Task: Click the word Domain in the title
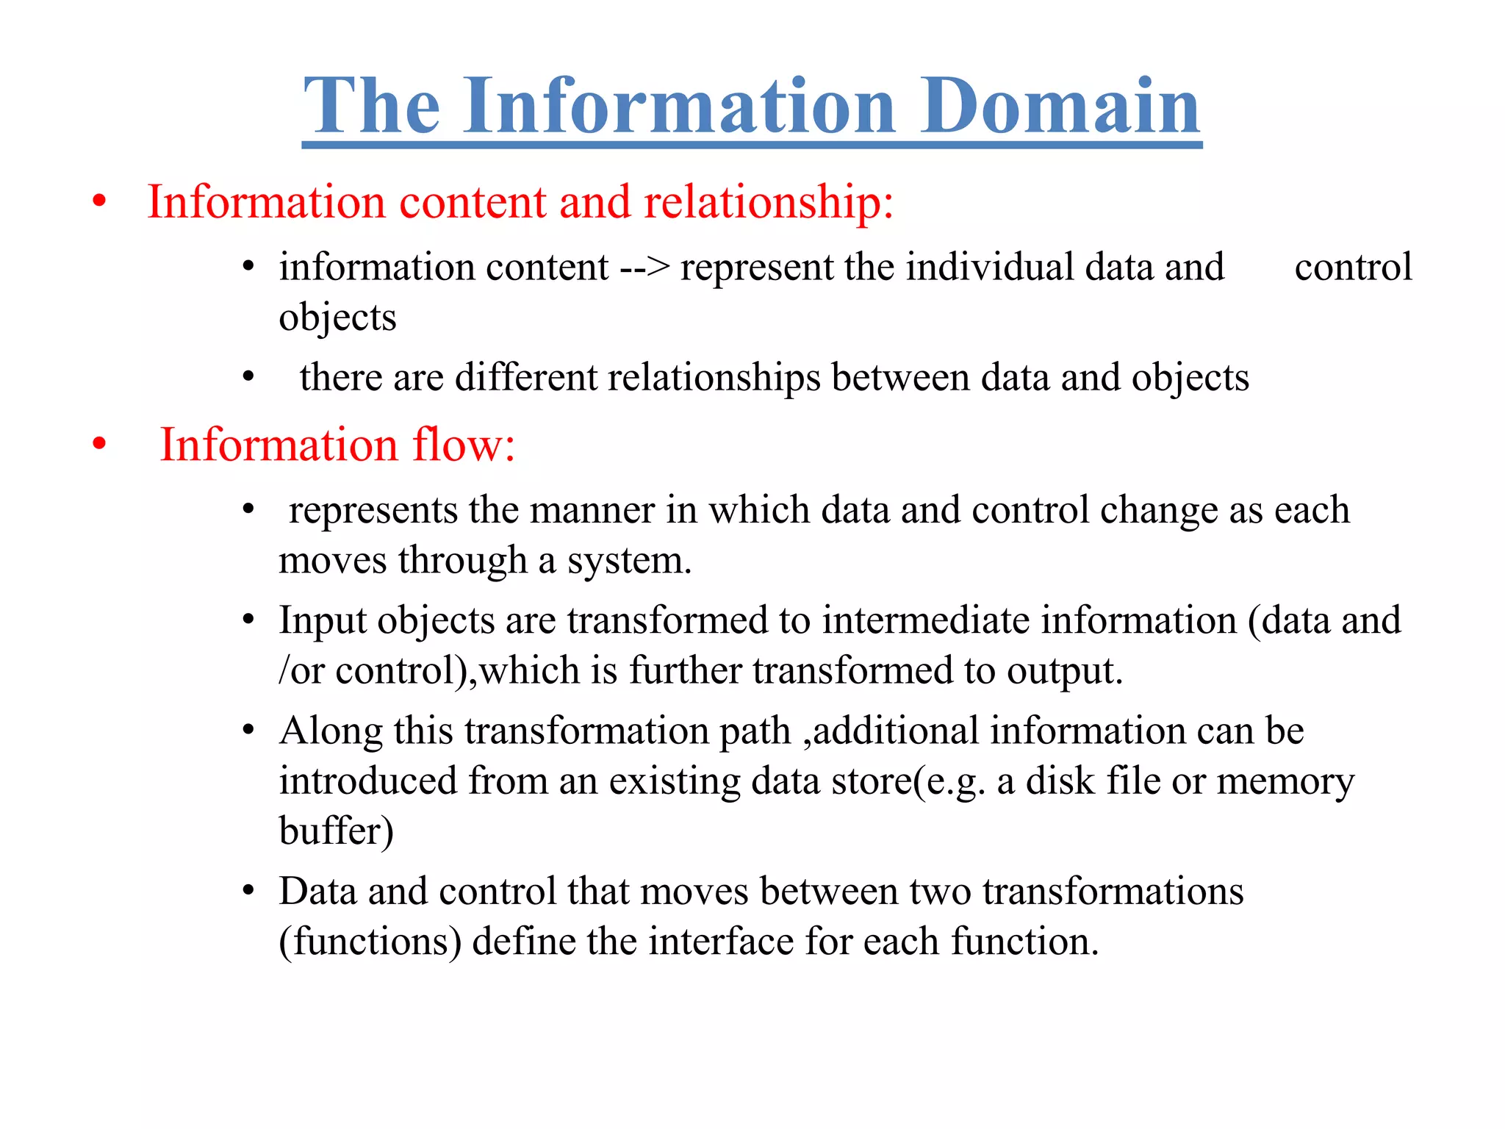point(1060,107)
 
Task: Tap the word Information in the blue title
point(679,107)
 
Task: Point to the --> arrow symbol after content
point(644,268)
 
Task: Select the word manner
point(592,510)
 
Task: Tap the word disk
point(1060,781)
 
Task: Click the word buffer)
point(336,831)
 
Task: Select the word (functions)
point(370,942)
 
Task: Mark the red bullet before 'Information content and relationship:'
point(99,201)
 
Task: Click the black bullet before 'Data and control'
point(248,892)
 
